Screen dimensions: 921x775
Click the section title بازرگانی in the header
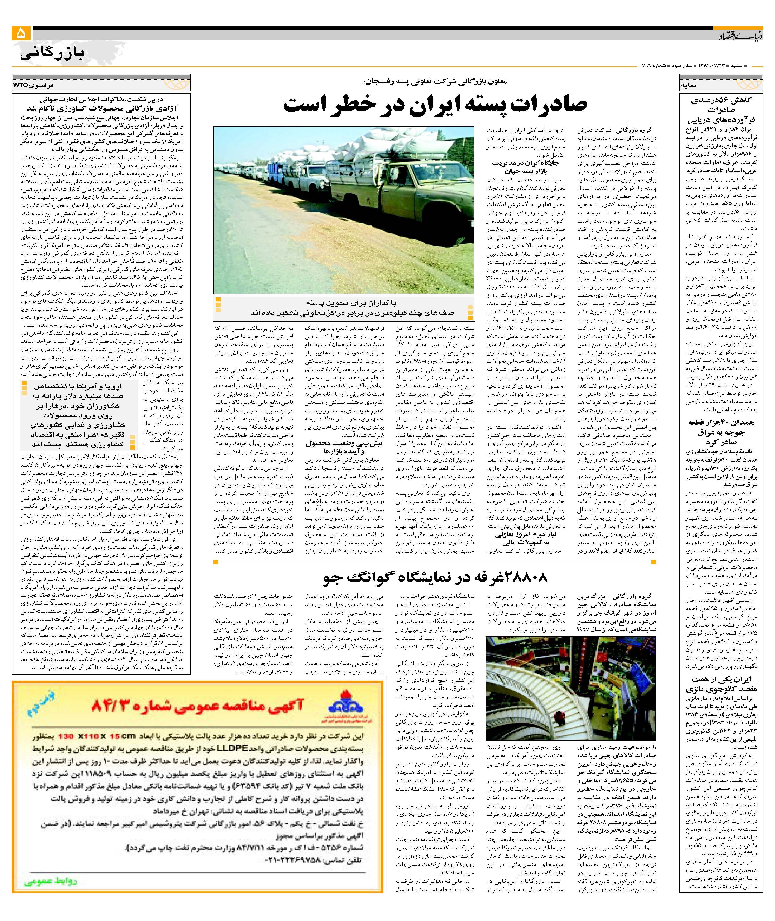click(52, 54)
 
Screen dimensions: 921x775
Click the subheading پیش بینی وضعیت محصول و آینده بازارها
click(344, 447)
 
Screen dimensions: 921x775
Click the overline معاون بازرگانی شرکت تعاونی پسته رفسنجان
click(435, 82)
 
